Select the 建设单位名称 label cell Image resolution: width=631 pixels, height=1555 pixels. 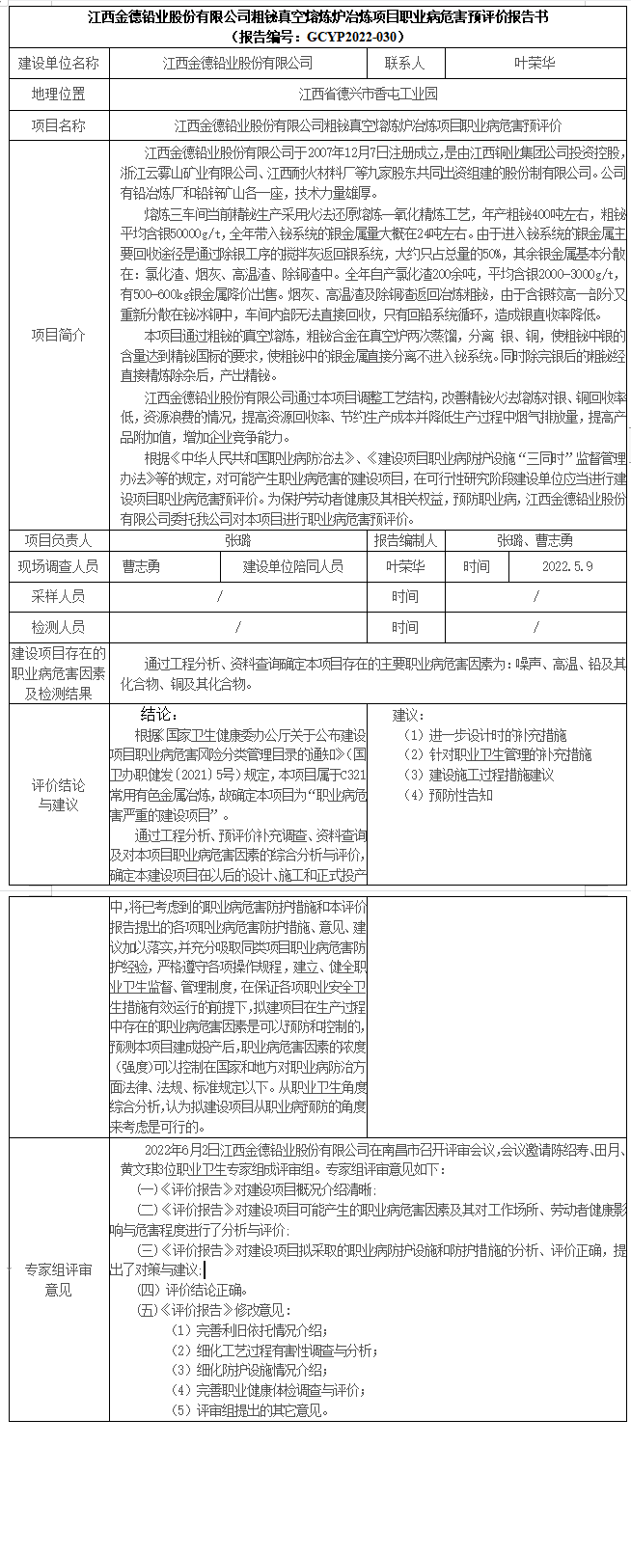coord(58,63)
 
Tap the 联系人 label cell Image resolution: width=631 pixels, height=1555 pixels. coord(405,63)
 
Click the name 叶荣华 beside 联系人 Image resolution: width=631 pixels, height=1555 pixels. coord(534,63)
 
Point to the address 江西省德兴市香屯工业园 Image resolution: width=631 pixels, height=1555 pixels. coord(368,94)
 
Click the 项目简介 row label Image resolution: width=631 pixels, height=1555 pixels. coord(58,335)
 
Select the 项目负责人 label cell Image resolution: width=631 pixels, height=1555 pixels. coord(58,541)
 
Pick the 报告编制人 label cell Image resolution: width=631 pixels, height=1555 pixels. coord(405,541)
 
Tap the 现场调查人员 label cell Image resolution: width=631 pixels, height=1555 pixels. coord(58,566)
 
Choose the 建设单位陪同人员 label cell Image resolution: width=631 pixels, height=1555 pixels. coord(292,566)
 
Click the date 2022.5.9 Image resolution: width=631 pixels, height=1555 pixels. coord(567,566)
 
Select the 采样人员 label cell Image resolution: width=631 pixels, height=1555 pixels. coord(58,597)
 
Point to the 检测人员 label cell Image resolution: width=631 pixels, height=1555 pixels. coord(58,627)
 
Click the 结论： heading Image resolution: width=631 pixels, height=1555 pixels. coord(159,715)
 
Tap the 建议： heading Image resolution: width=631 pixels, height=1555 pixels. coord(408,715)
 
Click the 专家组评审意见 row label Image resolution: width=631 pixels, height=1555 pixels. coord(58,1279)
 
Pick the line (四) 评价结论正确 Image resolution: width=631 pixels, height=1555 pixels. coord(193,1290)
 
